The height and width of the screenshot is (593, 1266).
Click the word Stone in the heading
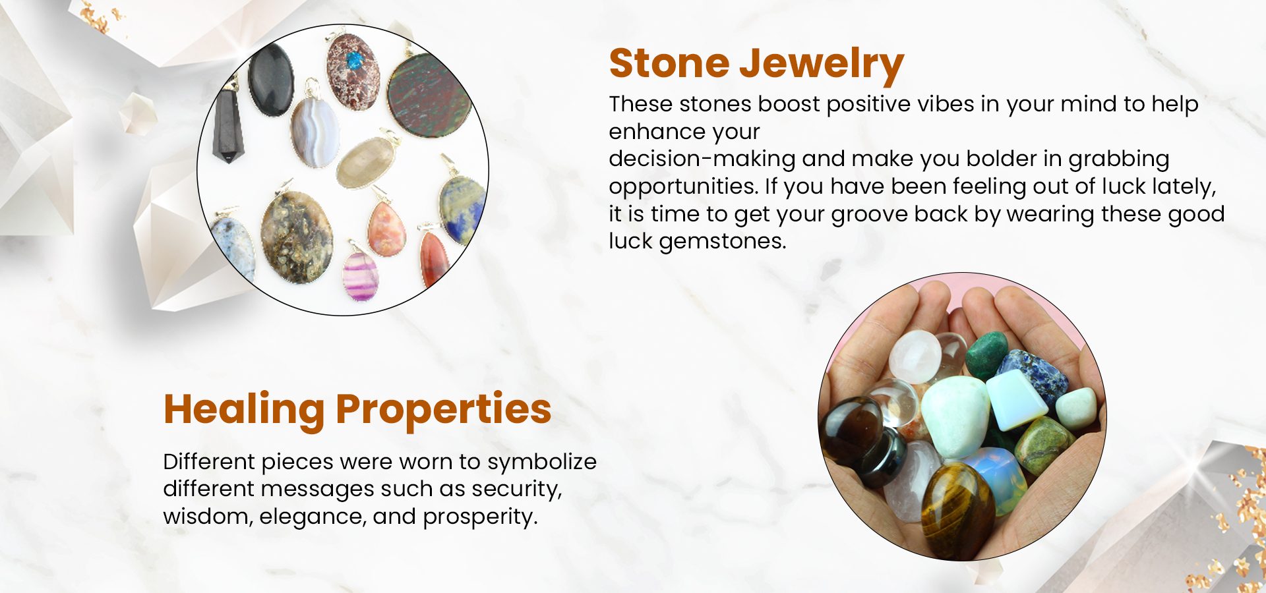pos(669,63)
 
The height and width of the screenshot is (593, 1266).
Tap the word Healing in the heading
pos(244,410)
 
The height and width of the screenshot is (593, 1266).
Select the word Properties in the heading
pos(443,410)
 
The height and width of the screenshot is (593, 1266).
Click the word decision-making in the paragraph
pos(702,159)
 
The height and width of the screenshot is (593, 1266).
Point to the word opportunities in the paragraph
pos(682,187)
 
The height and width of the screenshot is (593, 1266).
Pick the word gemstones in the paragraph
pos(722,242)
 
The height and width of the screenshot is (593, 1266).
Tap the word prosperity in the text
pos(480,517)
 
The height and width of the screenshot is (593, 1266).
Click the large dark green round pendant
pos(429,96)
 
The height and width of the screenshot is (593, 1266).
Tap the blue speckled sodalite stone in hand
pos(1033,376)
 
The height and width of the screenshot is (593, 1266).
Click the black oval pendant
pos(270,80)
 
